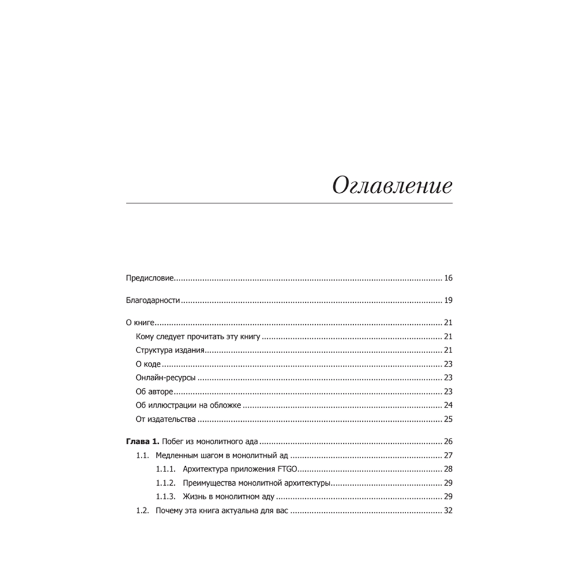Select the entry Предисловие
tap(150, 278)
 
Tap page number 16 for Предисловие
tap(448, 278)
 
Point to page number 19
tap(448, 301)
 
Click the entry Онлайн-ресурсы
tap(166, 378)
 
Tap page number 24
tap(448, 406)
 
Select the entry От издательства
tap(166, 419)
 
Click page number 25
tap(448, 419)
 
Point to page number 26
tap(448, 442)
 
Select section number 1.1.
tap(143, 456)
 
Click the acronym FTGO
tap(287, 469)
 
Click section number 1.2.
tap(143, 511)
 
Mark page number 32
tap(448, 511)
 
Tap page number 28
tap(448, 469)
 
